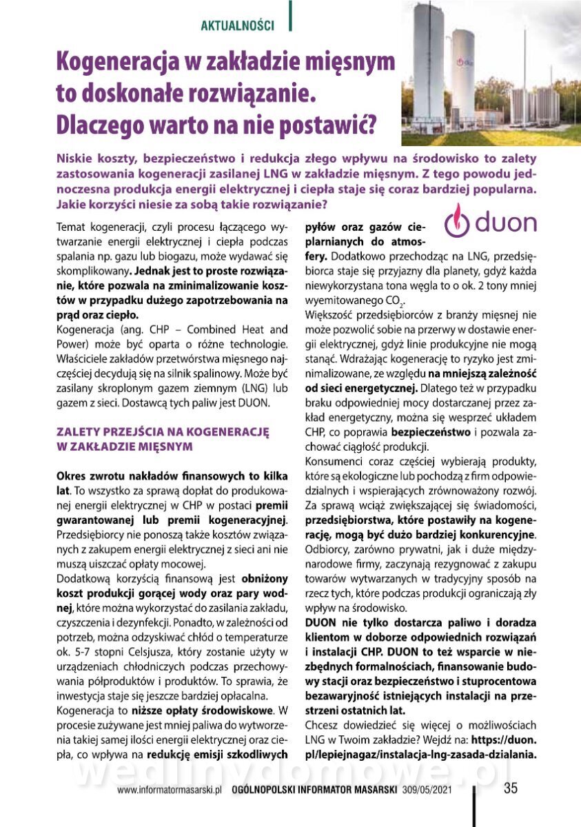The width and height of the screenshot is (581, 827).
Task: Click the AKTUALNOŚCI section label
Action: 237,26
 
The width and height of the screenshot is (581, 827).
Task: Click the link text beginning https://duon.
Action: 496,740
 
